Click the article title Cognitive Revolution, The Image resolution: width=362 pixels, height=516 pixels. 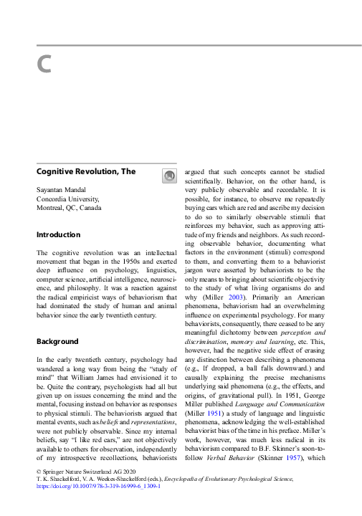click(85, 171)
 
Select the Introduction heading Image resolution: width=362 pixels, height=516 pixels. click(58, 234)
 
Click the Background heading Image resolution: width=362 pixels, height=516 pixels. click(57, 341)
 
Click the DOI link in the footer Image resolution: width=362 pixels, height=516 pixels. click(98, 485)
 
